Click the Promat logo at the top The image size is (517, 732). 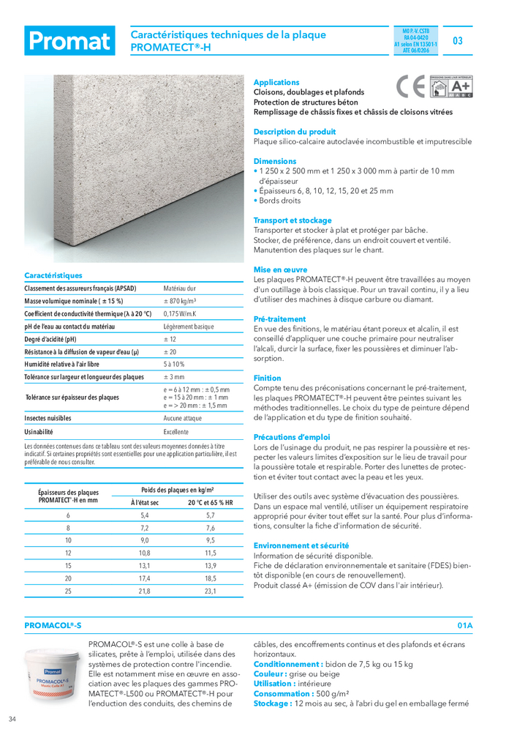pos(69,41)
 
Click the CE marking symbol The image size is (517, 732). pos(410,88)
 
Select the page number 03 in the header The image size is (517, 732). pos(458,41)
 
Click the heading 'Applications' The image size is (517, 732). pos(276,83)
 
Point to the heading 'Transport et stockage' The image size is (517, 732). pos(293,220)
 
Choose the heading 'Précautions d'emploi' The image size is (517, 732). pos(292,437)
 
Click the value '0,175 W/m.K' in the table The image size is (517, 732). pos(182,313)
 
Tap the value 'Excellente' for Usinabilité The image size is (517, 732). pos(176,432)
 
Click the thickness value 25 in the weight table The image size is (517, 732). pos(68,591)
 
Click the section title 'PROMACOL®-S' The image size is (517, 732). pos(53,626)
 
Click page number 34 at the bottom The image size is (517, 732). pos(12,718)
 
